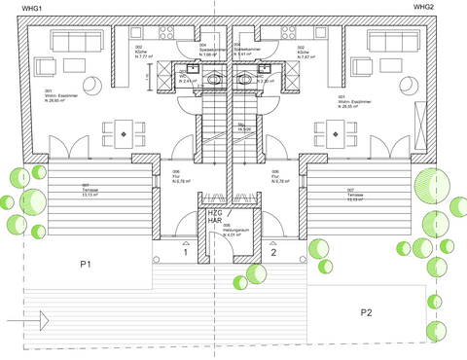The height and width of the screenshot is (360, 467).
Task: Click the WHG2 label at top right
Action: tap(423, 7)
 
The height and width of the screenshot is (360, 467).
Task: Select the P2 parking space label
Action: tap(367, 312)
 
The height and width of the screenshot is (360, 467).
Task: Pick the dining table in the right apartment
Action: tap(342, 130)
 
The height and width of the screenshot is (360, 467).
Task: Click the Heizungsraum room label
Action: tap(233, 233)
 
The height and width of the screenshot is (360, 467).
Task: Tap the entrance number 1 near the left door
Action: tap(185, 253)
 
